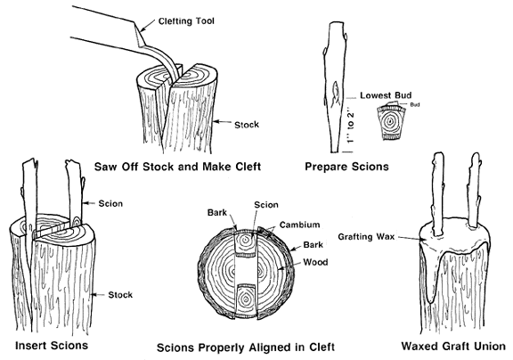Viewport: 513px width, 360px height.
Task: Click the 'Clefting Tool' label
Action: (186, 21)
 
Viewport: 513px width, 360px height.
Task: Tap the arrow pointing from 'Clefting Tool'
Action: (147, 25)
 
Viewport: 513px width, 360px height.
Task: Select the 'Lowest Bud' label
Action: (386, 95)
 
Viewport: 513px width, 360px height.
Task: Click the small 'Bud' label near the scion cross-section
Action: (414, 105)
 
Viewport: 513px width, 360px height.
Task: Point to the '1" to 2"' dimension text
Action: (350, 127)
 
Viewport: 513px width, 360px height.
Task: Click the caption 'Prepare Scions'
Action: (346, 167)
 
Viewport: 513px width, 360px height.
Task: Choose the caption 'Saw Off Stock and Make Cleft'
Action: (177, 167)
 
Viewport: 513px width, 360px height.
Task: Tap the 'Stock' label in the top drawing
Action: (247, 125)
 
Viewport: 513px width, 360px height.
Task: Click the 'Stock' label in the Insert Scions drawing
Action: (120, 295)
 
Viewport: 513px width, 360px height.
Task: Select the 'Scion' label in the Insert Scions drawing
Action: (110, 203)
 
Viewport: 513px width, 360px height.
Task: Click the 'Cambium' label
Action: (299, 225)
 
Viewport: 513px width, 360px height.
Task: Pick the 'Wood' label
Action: (315, 262)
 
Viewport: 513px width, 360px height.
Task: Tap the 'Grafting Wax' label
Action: (366, 237)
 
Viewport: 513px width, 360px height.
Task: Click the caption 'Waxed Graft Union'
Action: (453, 346)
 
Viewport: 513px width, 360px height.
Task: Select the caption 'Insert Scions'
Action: (52, 346)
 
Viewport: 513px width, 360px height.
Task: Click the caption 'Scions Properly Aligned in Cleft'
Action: (246, 348)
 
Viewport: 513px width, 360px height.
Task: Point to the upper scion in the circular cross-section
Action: (246, 242)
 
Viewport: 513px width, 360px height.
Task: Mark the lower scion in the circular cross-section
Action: (246, 301)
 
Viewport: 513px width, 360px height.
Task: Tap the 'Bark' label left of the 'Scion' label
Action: (217, 213)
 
